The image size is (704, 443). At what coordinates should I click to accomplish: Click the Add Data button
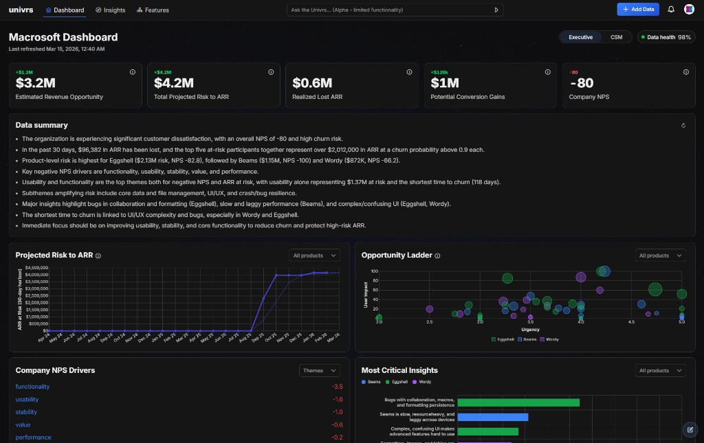click(637, 10)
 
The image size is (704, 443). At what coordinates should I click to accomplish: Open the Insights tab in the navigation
click(110, 10)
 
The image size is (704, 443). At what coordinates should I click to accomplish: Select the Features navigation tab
click(153, 10)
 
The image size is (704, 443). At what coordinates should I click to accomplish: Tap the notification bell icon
click(671, 10)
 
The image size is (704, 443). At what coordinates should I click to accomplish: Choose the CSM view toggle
click(616, 37)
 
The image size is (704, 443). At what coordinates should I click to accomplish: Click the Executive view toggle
click(580, 37)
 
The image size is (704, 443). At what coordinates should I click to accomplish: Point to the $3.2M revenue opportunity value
click(35, 83)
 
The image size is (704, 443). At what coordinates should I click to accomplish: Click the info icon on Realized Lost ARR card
click(409, 71)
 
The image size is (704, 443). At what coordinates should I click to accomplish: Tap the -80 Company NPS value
click(581, 83)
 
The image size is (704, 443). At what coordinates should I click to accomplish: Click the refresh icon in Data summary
click(683, 126)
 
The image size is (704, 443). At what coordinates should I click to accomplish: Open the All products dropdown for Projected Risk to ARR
click(314, 255)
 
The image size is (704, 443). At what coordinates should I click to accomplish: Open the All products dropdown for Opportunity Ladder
click(660, 255)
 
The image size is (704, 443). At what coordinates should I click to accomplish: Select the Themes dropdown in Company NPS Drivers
click(320, 370)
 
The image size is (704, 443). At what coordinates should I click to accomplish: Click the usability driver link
click(27, 399)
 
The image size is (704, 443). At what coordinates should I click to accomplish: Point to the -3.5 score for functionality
click(337, 387)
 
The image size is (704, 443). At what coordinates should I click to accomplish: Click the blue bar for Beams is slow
click(492, 417)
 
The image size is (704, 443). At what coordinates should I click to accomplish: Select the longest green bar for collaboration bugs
click(518, 402)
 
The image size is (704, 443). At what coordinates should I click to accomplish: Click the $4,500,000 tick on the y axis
click(36, 267)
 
